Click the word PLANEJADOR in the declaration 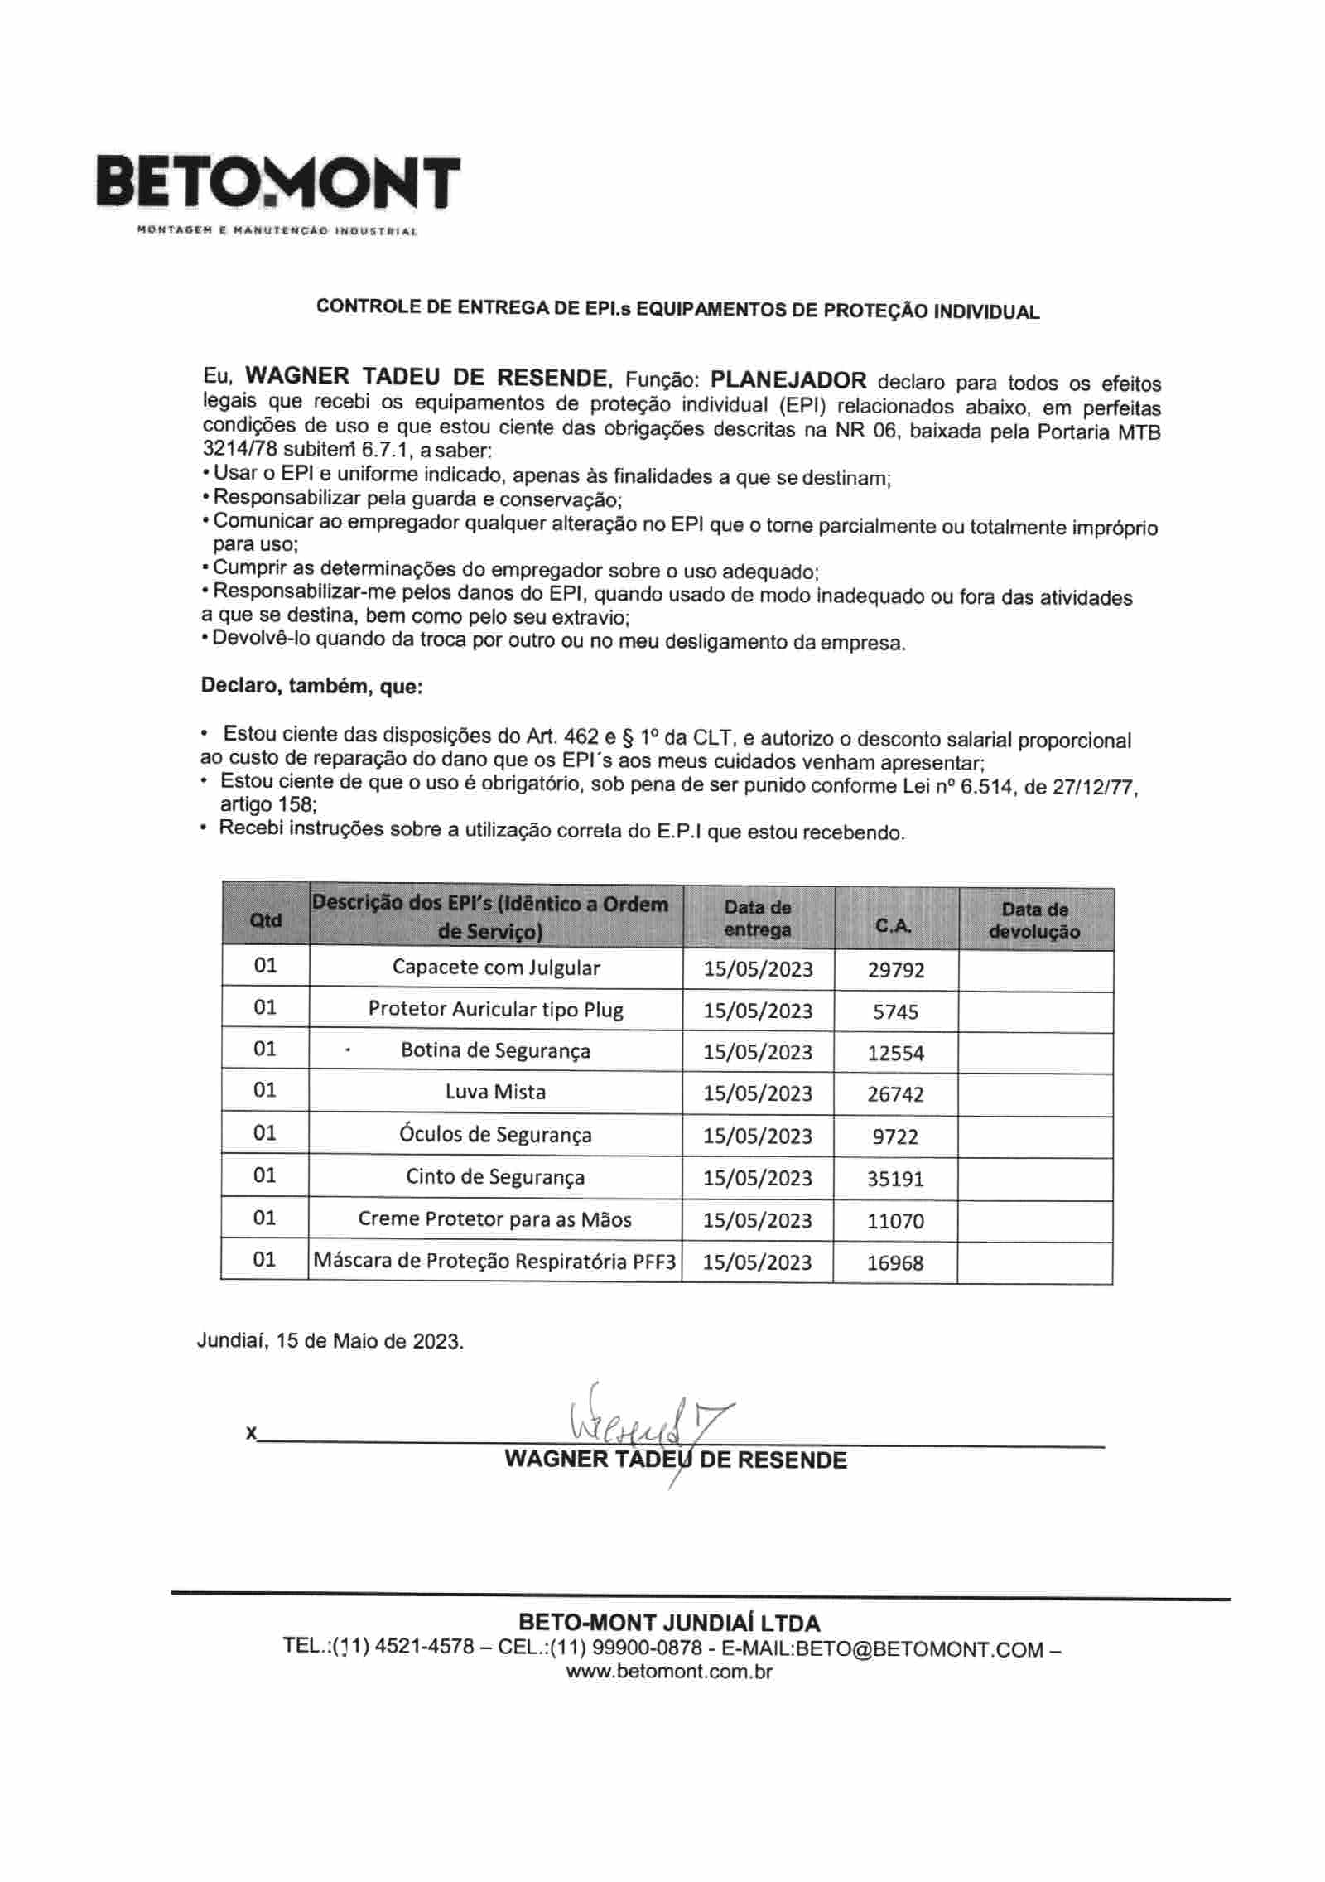point(788,380)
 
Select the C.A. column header point(894,926)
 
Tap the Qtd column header point(265,920)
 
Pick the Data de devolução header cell point(1034,920)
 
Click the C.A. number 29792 point(895,970)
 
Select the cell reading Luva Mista point(495,1092)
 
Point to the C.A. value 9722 point(895,1136)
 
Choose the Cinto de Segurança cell point(495,1177)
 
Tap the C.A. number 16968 point(895,1262)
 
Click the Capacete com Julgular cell point(495,967)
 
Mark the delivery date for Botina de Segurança point(758,1052)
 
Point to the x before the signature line point(250,1432)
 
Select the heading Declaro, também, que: point(311,686)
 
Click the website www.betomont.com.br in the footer point(668,1671)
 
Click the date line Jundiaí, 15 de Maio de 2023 point(330,1340)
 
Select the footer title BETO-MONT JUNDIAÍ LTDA point(668,1623)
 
